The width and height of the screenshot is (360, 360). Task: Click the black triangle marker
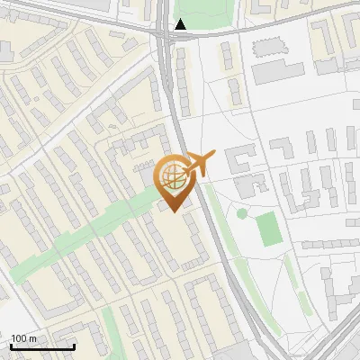181,24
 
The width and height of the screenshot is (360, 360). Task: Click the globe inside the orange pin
173,178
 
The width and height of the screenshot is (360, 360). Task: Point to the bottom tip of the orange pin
174,211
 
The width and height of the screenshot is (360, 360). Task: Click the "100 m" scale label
23,338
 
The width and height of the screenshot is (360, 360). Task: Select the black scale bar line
42,346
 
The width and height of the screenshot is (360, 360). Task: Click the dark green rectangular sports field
269,230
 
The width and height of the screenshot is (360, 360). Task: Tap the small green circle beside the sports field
241,213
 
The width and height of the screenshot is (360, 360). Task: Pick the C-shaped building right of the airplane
238,162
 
